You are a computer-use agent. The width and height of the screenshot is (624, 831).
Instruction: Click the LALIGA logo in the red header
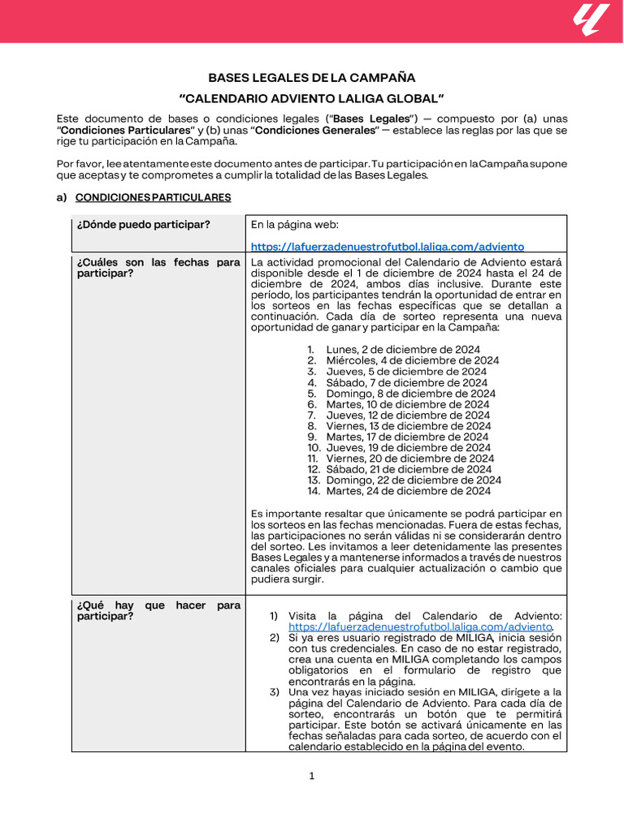click(x=590, y=20)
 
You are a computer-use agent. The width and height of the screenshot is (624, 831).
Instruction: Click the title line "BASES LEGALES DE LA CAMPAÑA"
click(x=311, y=78)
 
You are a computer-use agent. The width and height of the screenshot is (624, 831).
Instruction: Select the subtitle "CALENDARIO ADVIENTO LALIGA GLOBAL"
click(x=311, y=98)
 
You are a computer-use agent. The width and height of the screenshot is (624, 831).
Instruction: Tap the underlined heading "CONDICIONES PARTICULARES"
click(x=153, y=197)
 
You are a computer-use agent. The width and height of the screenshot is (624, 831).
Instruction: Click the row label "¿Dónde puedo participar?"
click(x=143, y=225)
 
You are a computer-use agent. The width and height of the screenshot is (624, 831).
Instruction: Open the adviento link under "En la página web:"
click(x=388, y=246)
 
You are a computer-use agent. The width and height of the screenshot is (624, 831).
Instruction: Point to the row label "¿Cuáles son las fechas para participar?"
click(x=158, y=268)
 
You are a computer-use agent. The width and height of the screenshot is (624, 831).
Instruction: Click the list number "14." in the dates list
click(x=314, y=491)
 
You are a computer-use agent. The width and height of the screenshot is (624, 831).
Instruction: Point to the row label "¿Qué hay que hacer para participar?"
click(x=158, y=611)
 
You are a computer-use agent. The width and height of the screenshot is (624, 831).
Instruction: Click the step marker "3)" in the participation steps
click(x=275, y=692)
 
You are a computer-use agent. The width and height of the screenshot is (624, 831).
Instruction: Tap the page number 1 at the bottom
click(x=311, y=776)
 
